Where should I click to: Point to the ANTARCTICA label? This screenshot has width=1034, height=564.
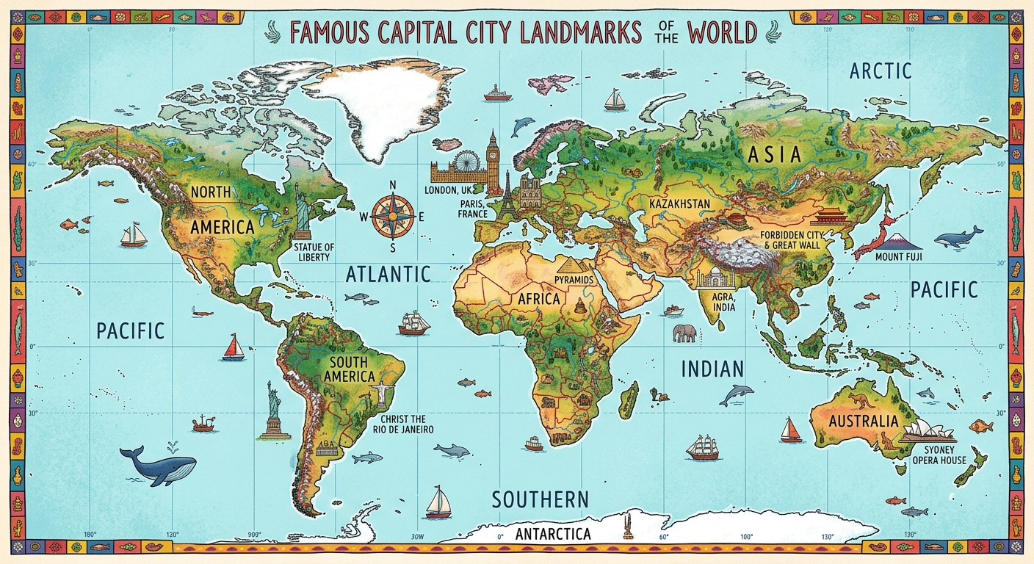[553, 534]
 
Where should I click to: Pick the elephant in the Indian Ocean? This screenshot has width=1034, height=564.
[683, 333]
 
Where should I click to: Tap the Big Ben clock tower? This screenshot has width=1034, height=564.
[491, 158]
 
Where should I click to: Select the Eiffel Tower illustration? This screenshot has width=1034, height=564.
[506, 197]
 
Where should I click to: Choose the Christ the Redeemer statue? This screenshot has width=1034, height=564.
[382, 393]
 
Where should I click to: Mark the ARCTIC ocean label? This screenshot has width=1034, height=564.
[881, 71]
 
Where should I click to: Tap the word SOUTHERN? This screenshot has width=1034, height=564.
[540, 499]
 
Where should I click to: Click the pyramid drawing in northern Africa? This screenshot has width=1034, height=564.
[571, 265]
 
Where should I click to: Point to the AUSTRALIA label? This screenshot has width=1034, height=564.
[863, 421]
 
